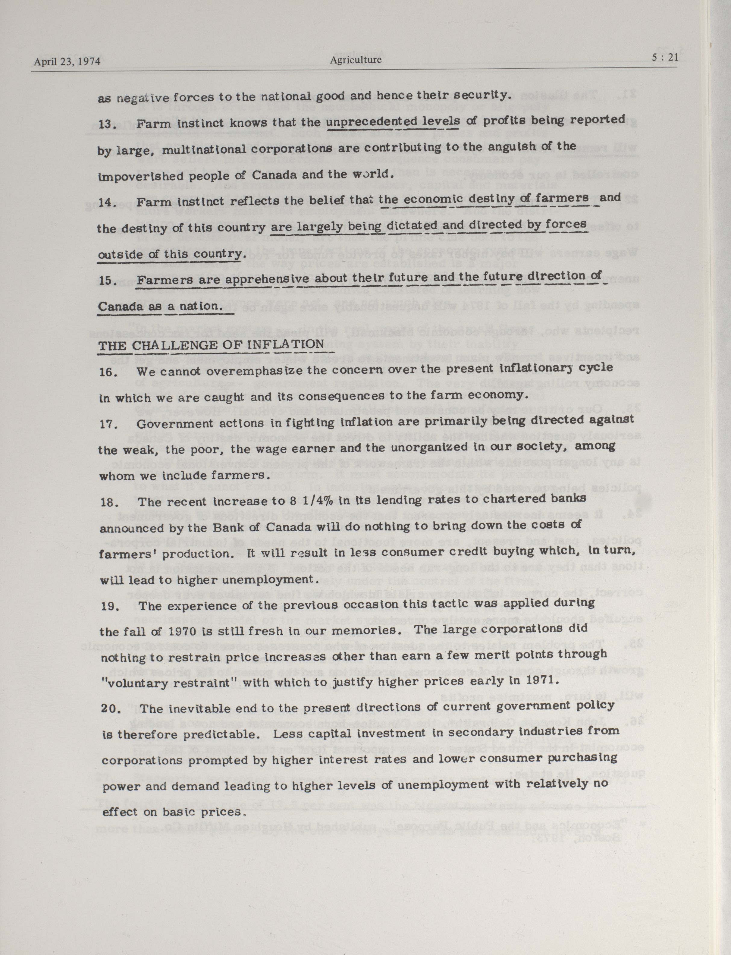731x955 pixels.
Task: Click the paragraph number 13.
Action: pos(106,125)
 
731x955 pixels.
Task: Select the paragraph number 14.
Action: pos(106,203)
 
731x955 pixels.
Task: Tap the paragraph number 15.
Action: pos(106,281)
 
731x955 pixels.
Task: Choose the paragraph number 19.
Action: pos(109,606)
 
